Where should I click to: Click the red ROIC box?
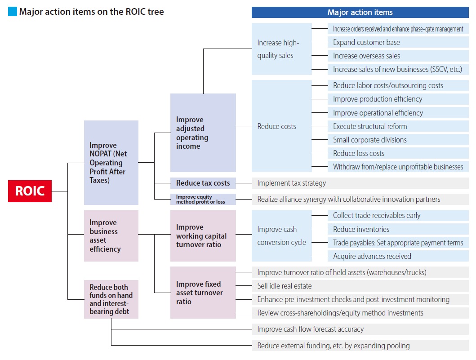click(30, 191)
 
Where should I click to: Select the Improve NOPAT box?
click(111, 163)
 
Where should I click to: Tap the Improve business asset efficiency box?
click(111, 236)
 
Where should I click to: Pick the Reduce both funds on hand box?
click(111, 299)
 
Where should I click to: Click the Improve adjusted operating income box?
click(203, 133)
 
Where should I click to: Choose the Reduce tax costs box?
click(203, 183)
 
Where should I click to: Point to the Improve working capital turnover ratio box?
click(203, 236)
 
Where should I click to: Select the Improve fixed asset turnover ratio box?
click(203, 293)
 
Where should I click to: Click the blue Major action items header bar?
click(360, 12)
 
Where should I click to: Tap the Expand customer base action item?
click(398, 42)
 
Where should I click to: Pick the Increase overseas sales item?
click(398, 56)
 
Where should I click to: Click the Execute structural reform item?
click(398, 126)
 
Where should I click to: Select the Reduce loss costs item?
click(398, 153)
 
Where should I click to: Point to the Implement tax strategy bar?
click(360, 183)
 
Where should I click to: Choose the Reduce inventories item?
click(398, 229)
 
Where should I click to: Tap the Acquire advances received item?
click(398, 256)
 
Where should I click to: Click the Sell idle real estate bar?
click(360, 286)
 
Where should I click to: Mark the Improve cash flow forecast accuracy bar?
click(360, 329)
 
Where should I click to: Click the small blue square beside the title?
click(13, 12)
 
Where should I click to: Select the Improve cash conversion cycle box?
click(281, 236)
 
